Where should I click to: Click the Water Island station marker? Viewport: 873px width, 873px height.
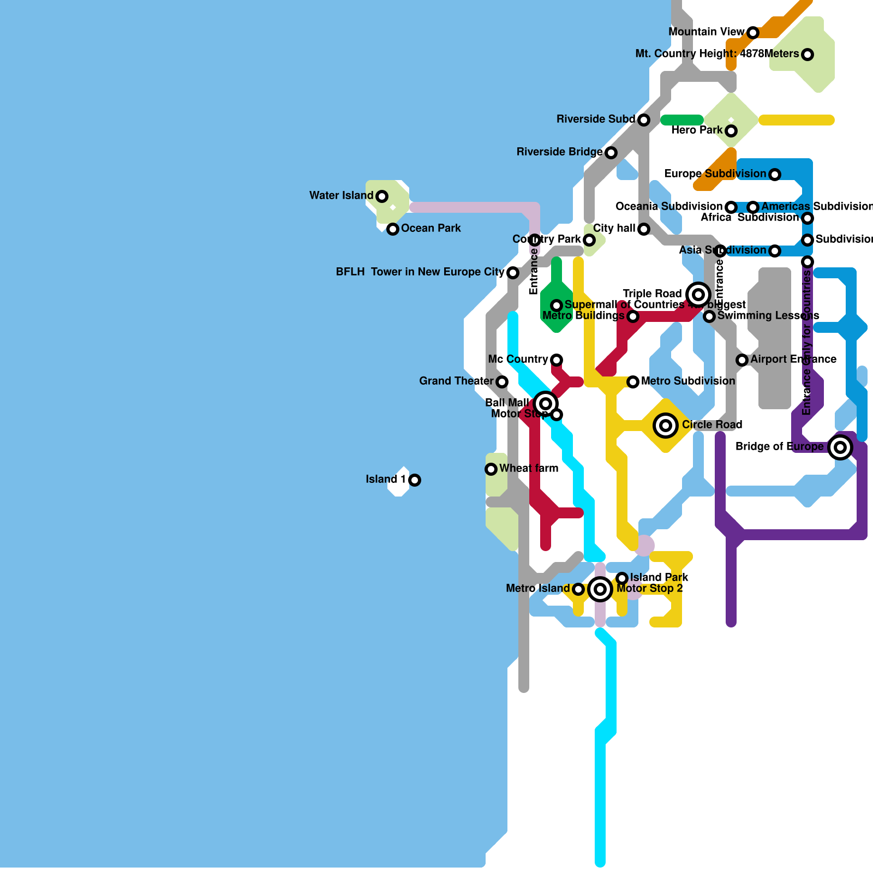point(382,196)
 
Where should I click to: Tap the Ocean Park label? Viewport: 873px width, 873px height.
point(430,228)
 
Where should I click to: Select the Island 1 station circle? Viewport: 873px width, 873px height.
point(415,480)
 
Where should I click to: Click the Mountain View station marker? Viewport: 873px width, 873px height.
point(753,32)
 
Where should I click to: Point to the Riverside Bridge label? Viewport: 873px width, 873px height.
point(559,152)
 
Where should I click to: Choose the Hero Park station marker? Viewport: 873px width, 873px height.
point(731,130)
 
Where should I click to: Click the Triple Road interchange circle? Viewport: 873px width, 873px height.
point(698,294)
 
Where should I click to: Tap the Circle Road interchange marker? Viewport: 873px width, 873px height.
point(666,425)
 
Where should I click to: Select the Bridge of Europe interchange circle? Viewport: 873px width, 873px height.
point(840,447)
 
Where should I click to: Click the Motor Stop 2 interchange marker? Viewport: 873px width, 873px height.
point(600,589)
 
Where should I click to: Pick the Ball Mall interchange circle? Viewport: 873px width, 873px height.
point(546,403)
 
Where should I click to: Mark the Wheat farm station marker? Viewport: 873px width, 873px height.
point(491,469)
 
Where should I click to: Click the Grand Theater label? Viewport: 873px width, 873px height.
point(456,381)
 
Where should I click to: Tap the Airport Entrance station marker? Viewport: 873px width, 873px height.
point(742,360)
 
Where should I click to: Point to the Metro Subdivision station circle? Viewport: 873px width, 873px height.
point(633,381)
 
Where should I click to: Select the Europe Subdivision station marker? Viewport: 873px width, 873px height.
point(775,174)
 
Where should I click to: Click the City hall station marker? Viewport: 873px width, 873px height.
point(644,229)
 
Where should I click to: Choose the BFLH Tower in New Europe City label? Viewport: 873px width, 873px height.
point(420,272)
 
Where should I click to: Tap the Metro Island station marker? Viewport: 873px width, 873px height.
point(578,589)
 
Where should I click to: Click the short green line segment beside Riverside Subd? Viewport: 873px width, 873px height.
point(682,119)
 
